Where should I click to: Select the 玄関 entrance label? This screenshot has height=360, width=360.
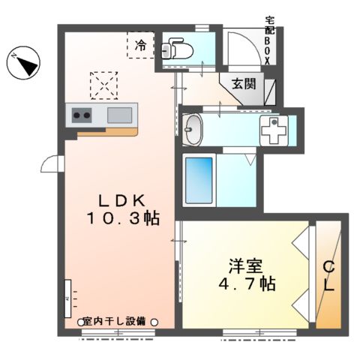[x=244, y=83]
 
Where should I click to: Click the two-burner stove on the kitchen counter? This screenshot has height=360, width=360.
[x=82, y=115]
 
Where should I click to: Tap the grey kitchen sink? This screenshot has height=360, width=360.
[x=119, y=115]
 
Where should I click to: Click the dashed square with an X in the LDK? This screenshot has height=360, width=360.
[x=104, y=85]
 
